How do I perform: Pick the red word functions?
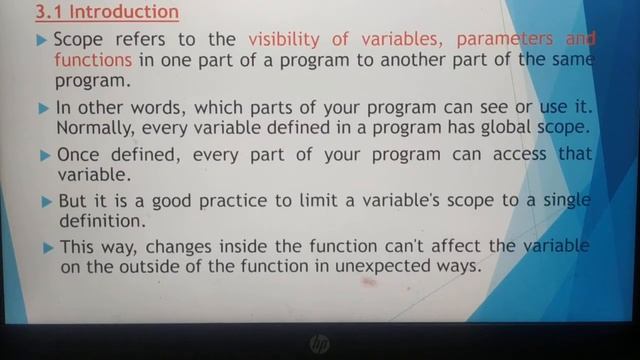click(93, 60)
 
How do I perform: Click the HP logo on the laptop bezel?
click(319, 344)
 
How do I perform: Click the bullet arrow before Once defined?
click(43, 156)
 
